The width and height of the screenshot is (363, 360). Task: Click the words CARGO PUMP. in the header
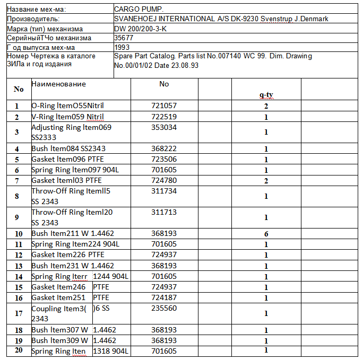140,10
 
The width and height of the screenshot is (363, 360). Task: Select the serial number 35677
124,38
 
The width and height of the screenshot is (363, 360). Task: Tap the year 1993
122,47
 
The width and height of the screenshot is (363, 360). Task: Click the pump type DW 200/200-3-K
140,29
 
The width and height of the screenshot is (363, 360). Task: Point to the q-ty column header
266,95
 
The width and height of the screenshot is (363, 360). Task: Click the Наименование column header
58,84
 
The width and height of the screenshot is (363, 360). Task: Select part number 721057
164,106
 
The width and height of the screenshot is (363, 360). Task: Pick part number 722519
164,117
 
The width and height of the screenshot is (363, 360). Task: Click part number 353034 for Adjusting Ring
164,128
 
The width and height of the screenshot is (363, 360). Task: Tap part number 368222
164,149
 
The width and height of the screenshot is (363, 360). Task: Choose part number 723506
164,160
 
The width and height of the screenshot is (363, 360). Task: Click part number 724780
164,181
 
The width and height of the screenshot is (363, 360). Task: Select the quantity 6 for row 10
266,234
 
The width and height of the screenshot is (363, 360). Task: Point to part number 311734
164,191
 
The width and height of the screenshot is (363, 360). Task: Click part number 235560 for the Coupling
164,309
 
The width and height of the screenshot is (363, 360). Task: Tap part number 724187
164,298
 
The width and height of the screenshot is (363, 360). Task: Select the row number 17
19,313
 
